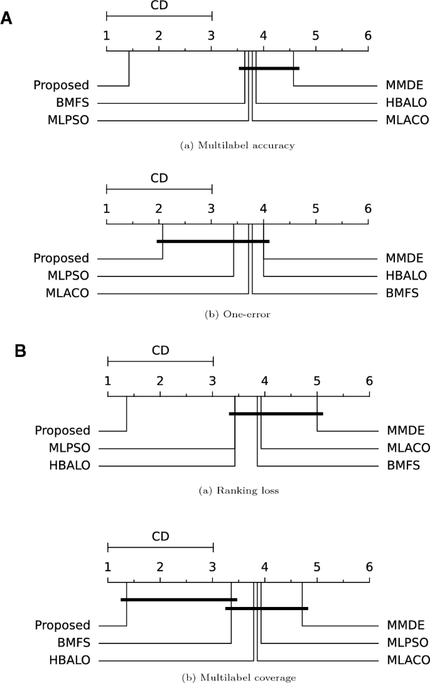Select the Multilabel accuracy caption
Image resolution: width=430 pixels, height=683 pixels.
237,146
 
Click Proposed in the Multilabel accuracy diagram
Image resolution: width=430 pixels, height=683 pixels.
62,85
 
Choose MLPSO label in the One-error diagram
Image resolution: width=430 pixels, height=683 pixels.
68,275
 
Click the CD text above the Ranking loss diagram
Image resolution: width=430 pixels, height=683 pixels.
161,350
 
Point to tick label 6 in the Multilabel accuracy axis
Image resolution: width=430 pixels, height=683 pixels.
368,35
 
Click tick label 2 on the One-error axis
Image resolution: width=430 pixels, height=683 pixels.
159,208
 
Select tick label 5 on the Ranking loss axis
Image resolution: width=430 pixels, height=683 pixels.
317,381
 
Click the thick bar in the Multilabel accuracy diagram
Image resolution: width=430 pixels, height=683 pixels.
269,68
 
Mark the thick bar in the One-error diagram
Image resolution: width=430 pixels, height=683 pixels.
213,241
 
